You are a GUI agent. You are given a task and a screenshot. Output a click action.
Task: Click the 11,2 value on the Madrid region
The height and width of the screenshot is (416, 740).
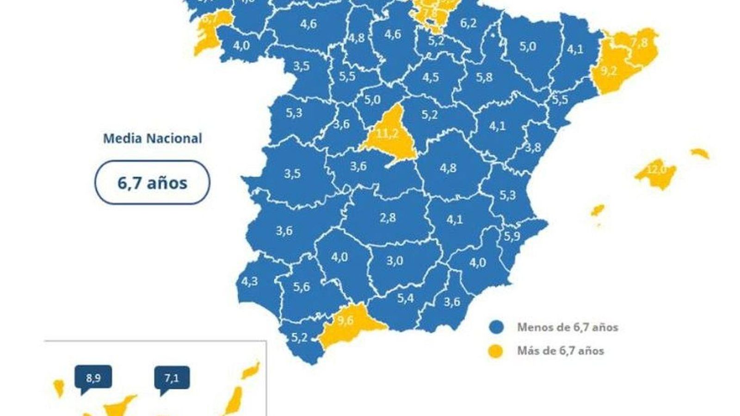pos(387,134)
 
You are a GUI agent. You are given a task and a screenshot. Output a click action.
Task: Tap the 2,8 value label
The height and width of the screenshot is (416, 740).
pos(388,217)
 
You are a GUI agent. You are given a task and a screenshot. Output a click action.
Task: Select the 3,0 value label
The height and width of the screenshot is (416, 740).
pos(395,261)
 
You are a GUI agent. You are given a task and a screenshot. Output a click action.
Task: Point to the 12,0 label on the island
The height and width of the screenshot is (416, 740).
pos(656,169)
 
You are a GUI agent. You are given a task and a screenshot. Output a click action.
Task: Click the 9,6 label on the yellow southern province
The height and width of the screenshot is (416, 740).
pos(345,320)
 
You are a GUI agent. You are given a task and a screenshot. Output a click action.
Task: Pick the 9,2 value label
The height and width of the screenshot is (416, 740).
pos(609,72)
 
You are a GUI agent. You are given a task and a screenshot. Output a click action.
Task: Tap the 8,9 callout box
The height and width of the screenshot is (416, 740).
pos(93,378)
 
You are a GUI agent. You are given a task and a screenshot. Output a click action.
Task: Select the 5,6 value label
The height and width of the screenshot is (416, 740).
pos(301,287)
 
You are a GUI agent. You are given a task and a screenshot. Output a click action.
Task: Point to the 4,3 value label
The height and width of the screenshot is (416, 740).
pos(250,281)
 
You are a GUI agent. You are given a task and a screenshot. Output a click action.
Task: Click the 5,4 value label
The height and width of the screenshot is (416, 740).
pos(406,299)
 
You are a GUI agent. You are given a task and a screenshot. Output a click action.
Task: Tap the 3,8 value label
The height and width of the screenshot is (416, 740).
pos(533,147)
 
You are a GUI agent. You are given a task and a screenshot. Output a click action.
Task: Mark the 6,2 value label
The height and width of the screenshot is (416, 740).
pos(469,23)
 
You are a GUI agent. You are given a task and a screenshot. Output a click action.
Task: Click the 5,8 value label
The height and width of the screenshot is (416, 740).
pos(484,77)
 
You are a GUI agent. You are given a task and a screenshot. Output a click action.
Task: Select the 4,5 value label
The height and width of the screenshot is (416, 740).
pos(430,77)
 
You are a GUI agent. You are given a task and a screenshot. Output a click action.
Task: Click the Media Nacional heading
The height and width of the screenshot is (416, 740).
pos(152,138)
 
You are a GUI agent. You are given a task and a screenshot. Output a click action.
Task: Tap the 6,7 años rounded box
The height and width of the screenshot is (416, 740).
pos(152,183)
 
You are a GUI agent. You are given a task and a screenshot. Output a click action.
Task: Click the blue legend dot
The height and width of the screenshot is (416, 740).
pos(496,327)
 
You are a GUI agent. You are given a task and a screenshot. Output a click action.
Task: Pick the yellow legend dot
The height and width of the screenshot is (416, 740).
pos(496,351)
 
